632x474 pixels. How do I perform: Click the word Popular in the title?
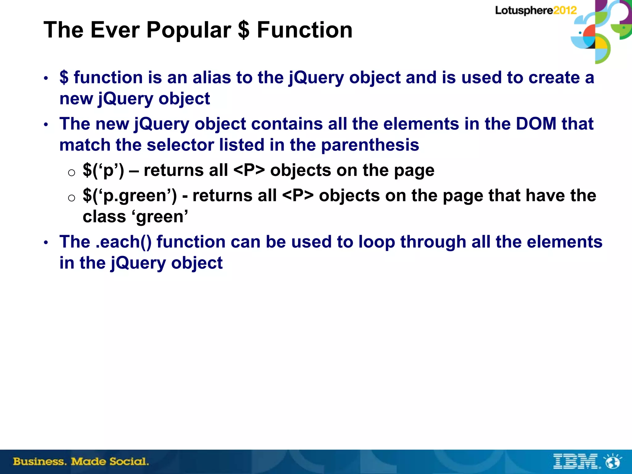[x=189, y=30]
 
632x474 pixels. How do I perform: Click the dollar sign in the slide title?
[x=244, y=30]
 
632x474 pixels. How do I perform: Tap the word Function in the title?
[x=305, y=30]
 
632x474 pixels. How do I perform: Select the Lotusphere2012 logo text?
[x=536, y=10]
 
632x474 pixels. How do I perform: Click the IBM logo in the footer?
[x=576, y=461]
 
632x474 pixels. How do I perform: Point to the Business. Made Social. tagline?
[x=81, y=462]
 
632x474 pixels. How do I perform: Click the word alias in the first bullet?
[x=212, y=77]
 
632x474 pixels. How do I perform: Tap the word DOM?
[x=536, y=124]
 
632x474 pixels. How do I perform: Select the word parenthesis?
[x=370, y=145]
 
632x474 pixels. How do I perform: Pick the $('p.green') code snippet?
[x=130, y=196]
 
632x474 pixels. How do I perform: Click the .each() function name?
[x=123, y=242]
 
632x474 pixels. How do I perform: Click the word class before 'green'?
[x=104, y=217]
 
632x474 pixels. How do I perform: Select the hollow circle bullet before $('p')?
[x=72, y=173]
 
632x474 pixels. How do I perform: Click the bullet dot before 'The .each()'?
[x=46, y=243]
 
